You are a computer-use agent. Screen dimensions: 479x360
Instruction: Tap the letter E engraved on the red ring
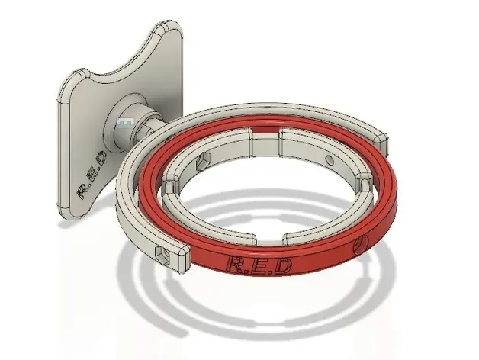(260, 265)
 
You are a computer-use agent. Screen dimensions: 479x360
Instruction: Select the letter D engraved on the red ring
(281, 265)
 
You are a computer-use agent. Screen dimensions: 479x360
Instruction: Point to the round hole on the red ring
(359, 246)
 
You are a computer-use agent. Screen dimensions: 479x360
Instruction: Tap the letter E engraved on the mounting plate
(92, 175)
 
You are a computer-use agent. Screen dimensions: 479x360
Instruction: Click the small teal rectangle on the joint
(126, 124)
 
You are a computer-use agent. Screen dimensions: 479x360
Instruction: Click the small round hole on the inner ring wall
(330, 160)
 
